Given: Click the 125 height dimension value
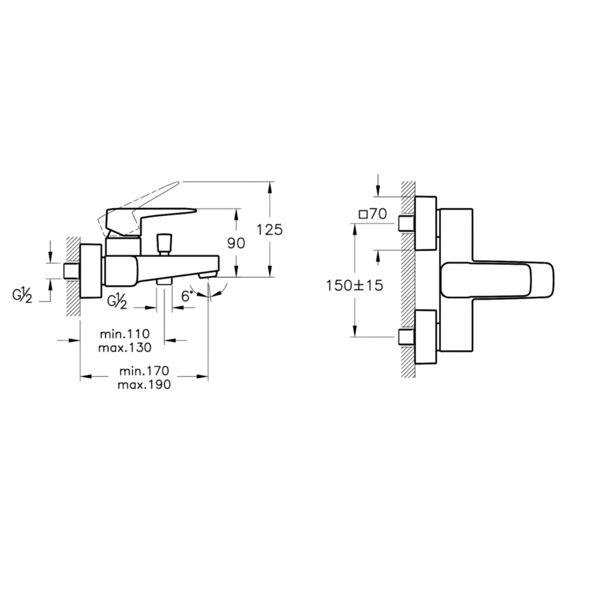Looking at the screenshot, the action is pos(269,230).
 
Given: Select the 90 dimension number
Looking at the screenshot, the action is pos(236,243).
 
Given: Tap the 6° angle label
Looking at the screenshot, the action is pos(187,296).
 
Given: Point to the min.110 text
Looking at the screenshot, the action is pos(125,334).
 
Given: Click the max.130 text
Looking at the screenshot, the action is pos(125,348).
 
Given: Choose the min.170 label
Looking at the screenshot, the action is pos(144,371).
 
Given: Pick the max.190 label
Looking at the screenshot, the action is pos(144,384).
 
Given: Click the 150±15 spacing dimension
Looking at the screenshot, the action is pos(354,286).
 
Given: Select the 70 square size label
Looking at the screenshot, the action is pos(378,214).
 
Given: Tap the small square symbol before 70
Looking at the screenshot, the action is pos(363,214).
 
